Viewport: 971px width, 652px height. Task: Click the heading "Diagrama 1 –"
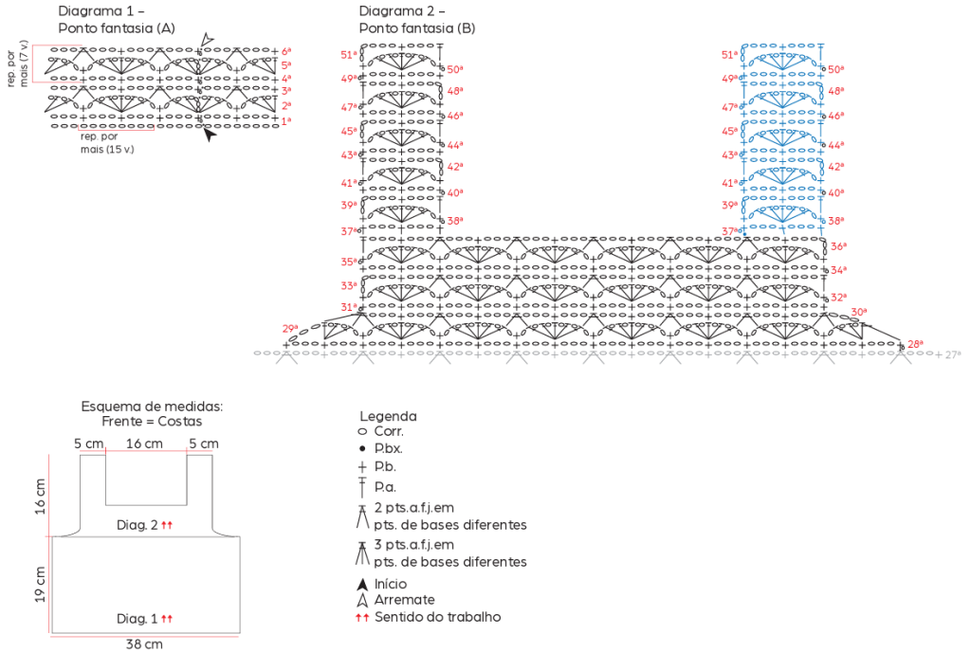pos(101,11)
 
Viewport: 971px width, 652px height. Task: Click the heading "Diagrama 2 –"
pos(402,11)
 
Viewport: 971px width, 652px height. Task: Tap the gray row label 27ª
pos(953,354)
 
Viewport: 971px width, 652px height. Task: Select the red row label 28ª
pos(915,344)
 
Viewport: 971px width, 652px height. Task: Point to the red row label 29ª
pos(290,329)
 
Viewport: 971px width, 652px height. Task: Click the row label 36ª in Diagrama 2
pos(837,246)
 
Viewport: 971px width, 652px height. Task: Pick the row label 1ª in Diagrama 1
pos(286,121)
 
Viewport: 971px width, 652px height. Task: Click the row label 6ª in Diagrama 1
pos(286,51)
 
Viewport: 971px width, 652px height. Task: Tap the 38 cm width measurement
pos(144,644)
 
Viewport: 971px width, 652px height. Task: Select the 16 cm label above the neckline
pos(144,444)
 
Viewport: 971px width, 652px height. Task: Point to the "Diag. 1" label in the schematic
pos(137,618)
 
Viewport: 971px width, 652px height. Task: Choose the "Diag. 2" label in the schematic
pos(137,524)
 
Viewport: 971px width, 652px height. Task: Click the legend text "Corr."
pos(389,431)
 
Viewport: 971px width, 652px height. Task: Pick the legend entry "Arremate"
pos(404,600)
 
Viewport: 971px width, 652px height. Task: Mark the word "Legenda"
pos(388,416)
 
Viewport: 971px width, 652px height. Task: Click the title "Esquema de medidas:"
pos(152,407)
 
